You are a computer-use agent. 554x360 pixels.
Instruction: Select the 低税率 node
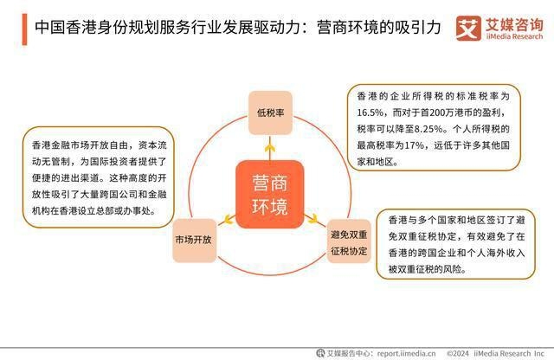coord(270,112)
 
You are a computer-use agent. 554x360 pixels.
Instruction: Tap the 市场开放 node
coord(192,238)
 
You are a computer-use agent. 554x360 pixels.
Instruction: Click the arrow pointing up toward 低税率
coord(270,149)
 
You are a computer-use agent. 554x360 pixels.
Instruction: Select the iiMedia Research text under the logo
coord(511,35)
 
